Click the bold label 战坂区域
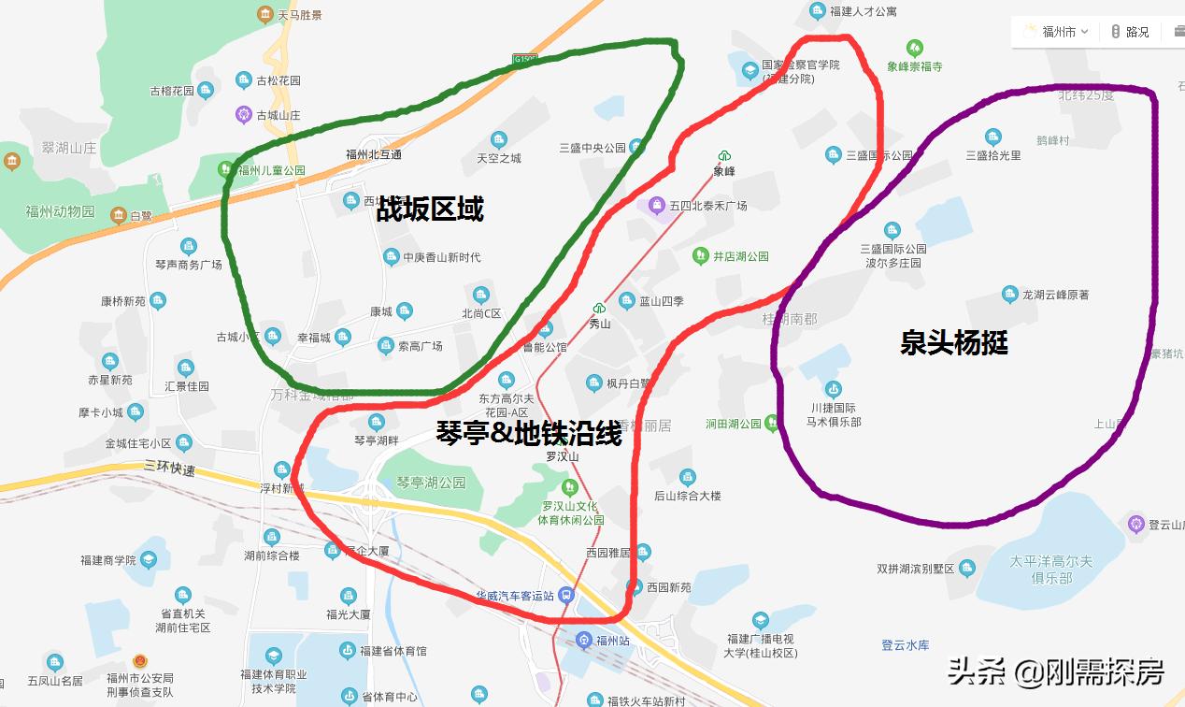tap(430, 209)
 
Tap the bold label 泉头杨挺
tap(954, 342)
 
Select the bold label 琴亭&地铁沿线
tap(529, 433)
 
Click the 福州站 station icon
tap(584, 640)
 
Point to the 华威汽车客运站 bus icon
tap(566, 595)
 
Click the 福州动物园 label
tap(61, 211)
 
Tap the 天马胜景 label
tap(300, 15)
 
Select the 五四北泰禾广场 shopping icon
tap(658, 204)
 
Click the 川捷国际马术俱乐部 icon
tap(834, 388)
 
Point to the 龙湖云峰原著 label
tap(1055, 295)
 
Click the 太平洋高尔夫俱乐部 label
tap(1051, 570)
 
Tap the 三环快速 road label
tap(169, 469)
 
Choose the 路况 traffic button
tap(1130, 31)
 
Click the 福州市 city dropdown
tap(1058, 31)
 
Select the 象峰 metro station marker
tap(724, 156)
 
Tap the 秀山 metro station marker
tap(599, 308)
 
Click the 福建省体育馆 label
tap(393, 650)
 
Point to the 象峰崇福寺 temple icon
tap(915, 47)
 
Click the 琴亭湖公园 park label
tap(431, 483)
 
